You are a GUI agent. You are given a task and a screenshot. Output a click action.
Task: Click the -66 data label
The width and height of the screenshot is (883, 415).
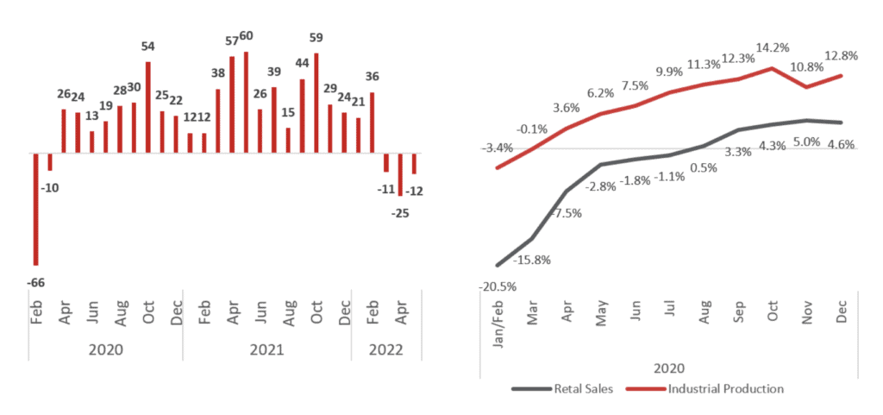tap(35, 282)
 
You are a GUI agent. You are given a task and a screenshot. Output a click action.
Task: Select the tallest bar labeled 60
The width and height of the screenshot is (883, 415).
tap(246, 103)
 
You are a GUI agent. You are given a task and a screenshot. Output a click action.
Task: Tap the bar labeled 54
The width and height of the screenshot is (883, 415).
tap(147, 107)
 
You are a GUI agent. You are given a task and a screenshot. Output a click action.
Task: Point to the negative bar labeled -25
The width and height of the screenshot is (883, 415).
tap(400, 176)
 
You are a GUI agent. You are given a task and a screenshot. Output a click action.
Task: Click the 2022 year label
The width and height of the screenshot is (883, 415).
tap(386, 350)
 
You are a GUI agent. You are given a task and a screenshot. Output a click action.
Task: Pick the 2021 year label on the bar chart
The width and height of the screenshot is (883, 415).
tap(267, 350)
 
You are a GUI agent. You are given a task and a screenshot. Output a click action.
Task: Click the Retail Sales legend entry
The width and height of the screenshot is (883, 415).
tap(562, 388)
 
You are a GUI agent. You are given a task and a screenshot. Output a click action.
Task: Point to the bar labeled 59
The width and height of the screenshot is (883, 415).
tap(316, 104)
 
